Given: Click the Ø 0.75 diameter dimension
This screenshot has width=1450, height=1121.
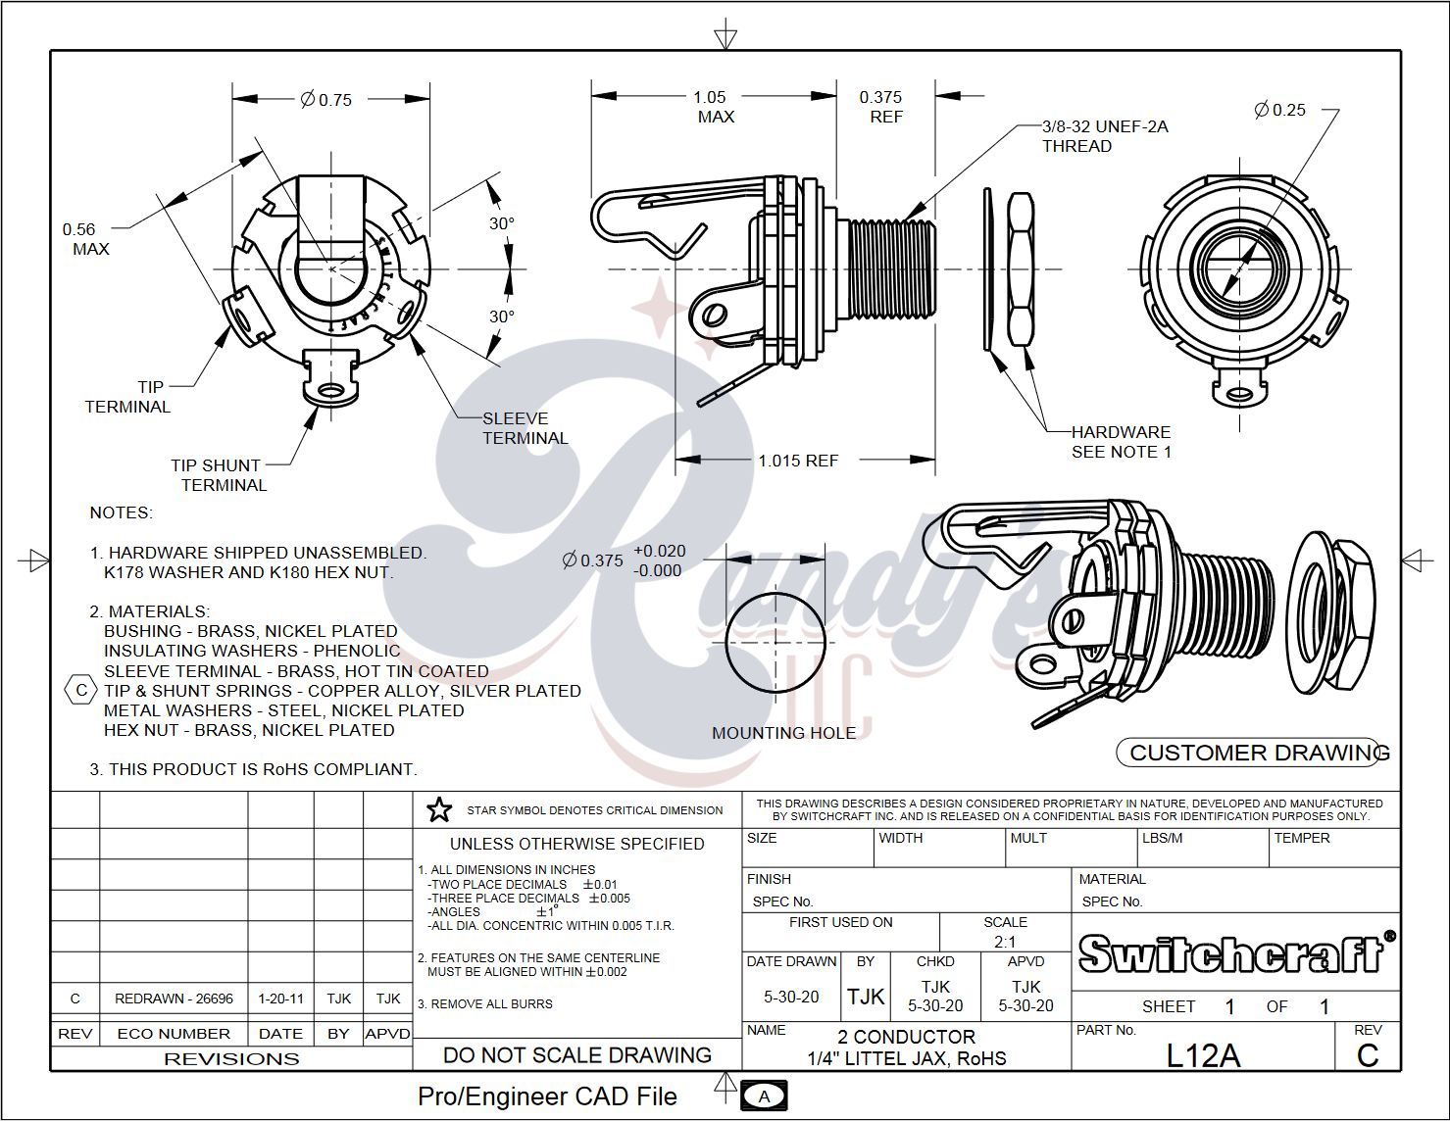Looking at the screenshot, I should (x=326, y=99).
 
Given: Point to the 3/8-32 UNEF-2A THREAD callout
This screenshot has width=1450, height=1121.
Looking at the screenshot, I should (x=1104, y=136).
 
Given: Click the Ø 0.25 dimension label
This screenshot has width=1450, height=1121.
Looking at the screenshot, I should (x=1280, y=110).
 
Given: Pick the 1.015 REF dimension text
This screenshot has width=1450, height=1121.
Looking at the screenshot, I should (x=798, y=461).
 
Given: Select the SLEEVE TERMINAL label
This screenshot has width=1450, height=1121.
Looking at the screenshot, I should (x=525, y=428).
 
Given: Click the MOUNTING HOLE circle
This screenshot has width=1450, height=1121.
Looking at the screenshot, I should (x=775, y=643).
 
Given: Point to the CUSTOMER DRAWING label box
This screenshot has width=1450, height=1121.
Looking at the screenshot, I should (x=1254, y=753).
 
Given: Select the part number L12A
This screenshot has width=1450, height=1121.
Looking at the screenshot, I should (x=1203, y=1055).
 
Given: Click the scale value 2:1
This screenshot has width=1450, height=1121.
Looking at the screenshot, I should (x=1005, y=942).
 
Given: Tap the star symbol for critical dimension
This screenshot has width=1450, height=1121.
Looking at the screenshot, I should (x=439, y=810).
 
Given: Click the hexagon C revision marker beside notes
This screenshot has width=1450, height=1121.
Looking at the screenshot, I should (x=80, y=690).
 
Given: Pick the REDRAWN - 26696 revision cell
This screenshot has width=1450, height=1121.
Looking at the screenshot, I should (x=174, y=999).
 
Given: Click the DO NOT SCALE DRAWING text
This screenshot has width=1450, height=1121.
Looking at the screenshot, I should (x=577, y=1055).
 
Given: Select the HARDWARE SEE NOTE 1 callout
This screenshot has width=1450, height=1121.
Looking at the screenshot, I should (x=1121, y=442).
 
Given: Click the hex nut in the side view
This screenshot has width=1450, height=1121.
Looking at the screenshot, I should (x=1021, y=269).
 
